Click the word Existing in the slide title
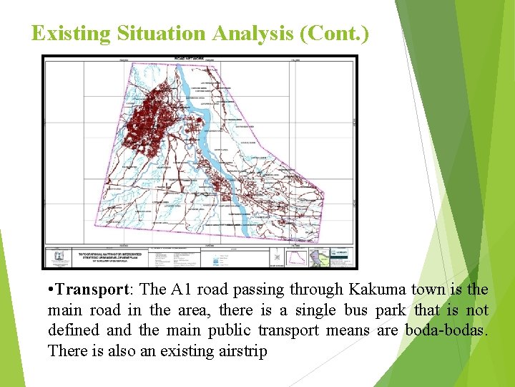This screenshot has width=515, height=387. click(68, 33)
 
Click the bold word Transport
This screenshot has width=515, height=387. click(91, 290)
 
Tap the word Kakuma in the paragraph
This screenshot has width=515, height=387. click(377, 290)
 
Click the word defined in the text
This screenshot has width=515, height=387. click(73, 330)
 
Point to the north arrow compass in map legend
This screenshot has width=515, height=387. click(277, 256)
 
